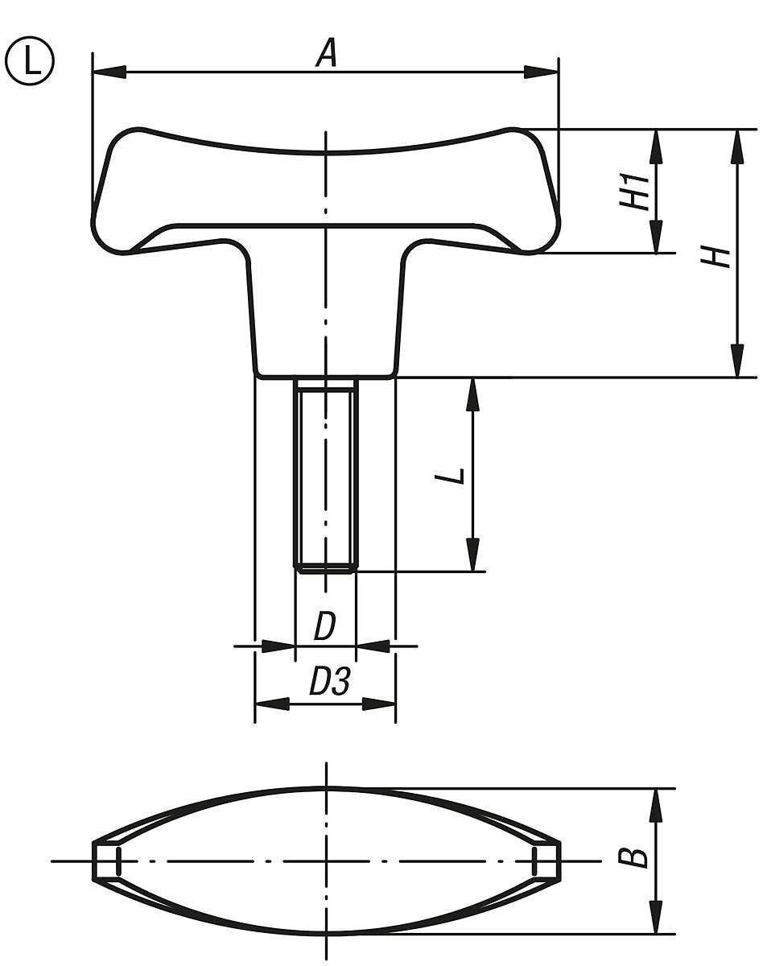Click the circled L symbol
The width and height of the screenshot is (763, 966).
[30, 62]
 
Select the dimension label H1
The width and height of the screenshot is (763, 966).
[635, 192]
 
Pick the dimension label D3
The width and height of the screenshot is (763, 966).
[330, 683]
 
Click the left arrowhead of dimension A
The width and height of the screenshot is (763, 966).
[109, 72]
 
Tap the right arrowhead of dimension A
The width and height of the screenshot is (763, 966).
[541, 72]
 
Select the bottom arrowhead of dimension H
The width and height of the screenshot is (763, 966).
[736, 361]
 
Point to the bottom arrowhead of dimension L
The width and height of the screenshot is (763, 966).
[472, 555]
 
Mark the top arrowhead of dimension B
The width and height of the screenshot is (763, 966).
[657, 805]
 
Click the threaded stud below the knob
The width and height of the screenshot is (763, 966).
[325, 475]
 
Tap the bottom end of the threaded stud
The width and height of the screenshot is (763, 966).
[325, 568]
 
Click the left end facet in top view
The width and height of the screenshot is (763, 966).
[105, 861]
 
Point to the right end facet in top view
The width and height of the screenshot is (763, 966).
[546, 861]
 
